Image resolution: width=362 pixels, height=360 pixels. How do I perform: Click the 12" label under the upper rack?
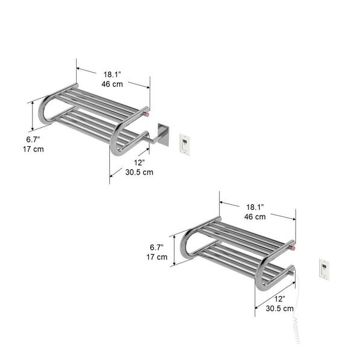pos(139,162)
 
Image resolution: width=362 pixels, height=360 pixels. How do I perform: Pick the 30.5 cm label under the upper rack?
pos(139,172)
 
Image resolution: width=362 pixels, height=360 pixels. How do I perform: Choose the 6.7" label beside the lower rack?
pos(157,247)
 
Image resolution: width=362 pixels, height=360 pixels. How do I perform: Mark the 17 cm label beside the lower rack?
pos(157,257)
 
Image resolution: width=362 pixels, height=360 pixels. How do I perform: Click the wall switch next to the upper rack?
pos(185,143)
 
